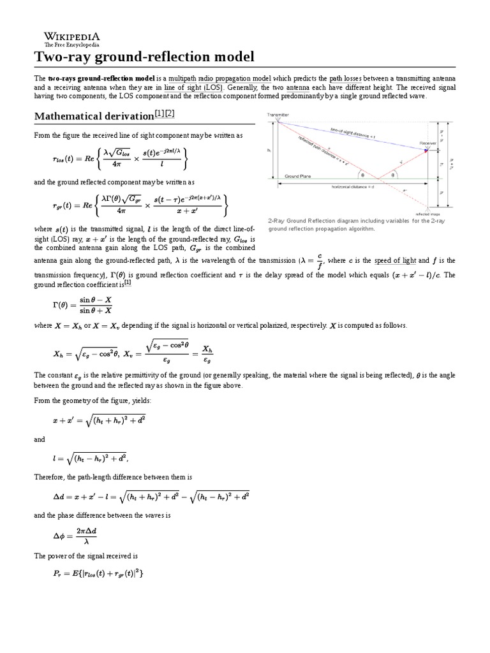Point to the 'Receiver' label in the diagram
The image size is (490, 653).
pyautogui.click(x=428, y=143)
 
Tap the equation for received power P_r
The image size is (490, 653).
pyautogui.click(x=98, y=574)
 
